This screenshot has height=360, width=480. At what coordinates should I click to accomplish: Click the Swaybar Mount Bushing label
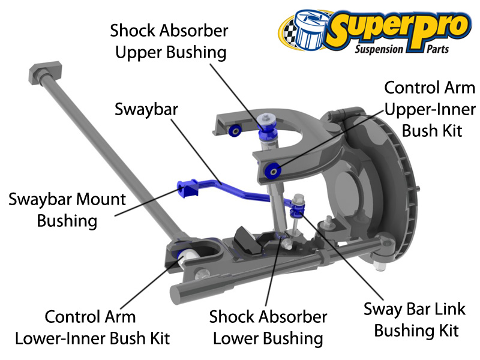pyautogui.click(x=67, y=210)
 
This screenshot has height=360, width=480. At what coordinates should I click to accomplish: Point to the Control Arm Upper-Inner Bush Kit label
pyautogui.click(x=430, y=109)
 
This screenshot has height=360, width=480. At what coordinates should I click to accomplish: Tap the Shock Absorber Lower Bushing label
pyautogui.click(x=268, y=327)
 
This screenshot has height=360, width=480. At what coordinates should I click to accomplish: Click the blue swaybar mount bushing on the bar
pyautogui.click(x=187, y=187)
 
